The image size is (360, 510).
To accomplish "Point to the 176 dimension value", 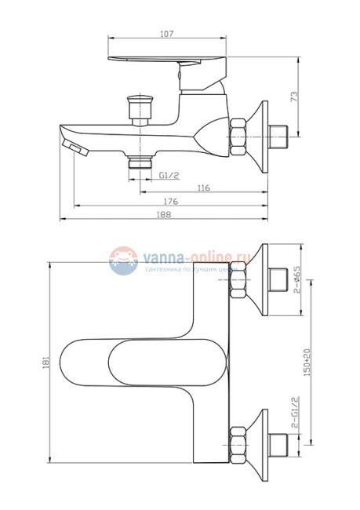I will pos(170,202).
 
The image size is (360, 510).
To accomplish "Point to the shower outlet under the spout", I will pos(140,163).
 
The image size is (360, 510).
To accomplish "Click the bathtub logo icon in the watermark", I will pos(122,260).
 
